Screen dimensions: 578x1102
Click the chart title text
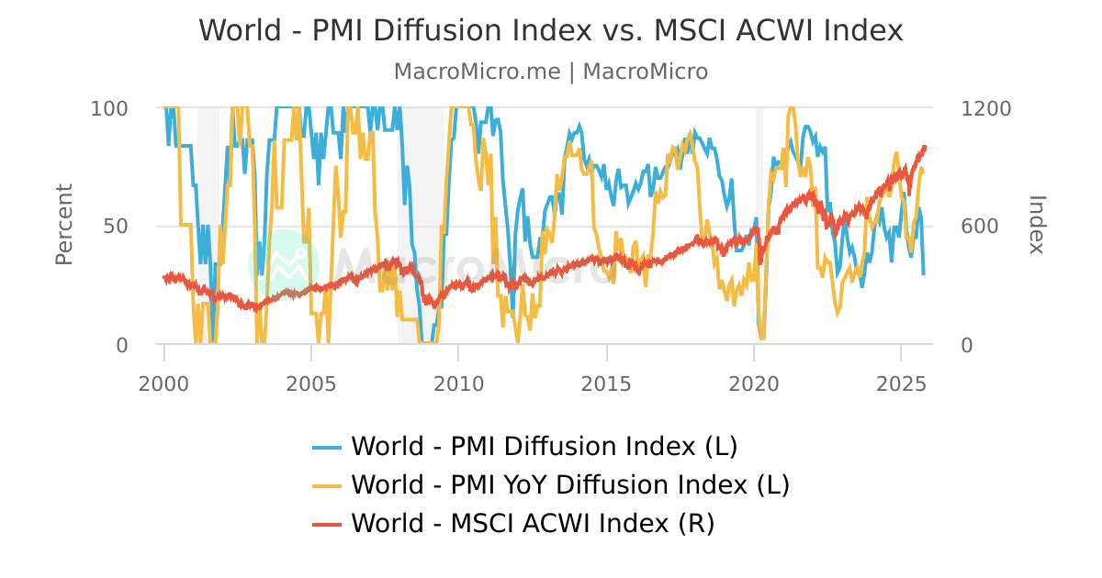pyautogui.click(x=551, y=30)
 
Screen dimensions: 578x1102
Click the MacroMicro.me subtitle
pyautogui.click(x=551, y=72)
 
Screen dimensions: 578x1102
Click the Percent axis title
pyautogui.click(x=64, y=225)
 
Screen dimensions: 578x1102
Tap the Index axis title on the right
pyautogui.click(x=1036, y=225)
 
